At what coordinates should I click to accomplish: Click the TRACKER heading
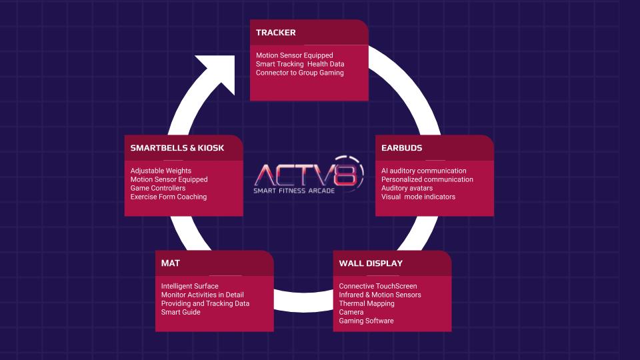pos(275,33)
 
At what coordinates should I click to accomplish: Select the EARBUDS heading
pos(401,148)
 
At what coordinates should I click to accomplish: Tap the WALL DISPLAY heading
pos(371,263)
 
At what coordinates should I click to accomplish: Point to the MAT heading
pos(170,263)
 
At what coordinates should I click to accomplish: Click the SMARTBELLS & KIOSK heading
pos(177,148)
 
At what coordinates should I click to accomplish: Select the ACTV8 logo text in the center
pos(308,175)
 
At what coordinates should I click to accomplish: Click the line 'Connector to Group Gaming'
pos(299,73)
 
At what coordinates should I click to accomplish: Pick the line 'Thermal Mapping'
pos(367,303)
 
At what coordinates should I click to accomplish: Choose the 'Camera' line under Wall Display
pos(351,312)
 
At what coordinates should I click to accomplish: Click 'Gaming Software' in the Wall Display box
pos(366,321)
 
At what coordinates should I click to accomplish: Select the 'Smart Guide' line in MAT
pos(181,312)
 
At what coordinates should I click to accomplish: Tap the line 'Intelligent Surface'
pos(189,286)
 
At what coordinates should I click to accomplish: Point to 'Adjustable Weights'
pos(161,171)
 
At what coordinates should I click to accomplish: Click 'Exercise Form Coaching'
pos(169,197)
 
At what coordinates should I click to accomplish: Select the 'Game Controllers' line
pos(158,188)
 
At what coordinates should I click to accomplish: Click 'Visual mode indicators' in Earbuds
pos(418,197)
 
